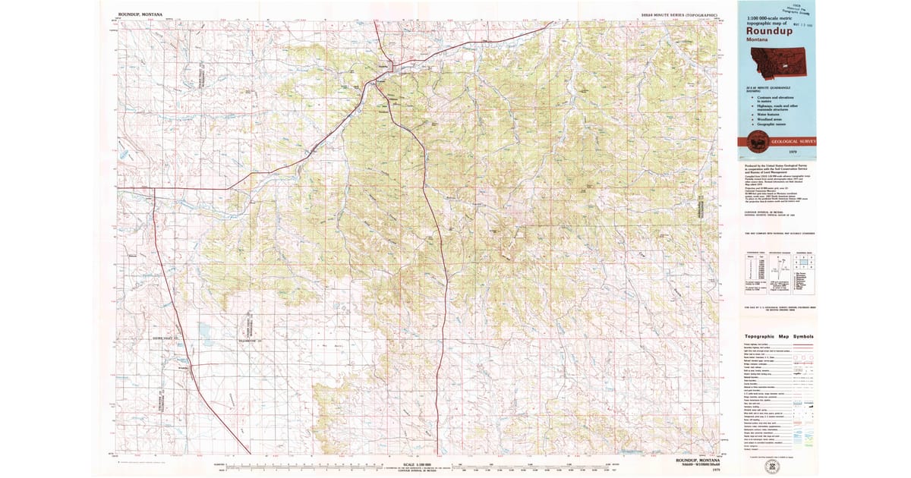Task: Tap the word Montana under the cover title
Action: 757,40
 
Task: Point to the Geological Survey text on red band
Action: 790,142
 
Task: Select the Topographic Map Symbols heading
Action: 779,336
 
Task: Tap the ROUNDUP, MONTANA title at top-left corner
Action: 140,14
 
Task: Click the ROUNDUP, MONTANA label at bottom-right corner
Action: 697,460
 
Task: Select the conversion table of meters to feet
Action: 751,269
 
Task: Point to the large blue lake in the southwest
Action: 203,331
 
